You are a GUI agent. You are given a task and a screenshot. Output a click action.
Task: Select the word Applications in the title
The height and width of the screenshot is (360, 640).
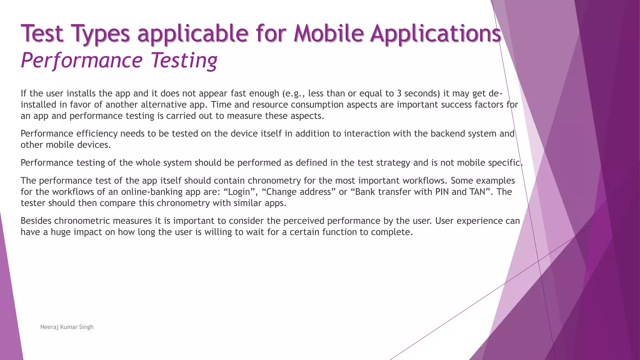(436, 34)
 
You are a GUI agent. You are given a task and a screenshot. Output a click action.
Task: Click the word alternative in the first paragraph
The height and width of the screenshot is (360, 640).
(163, 105)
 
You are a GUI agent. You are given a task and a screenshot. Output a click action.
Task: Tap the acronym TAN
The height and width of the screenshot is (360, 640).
(477, 192)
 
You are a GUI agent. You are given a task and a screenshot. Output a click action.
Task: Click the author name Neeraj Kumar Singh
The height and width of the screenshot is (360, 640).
(67, 327)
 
